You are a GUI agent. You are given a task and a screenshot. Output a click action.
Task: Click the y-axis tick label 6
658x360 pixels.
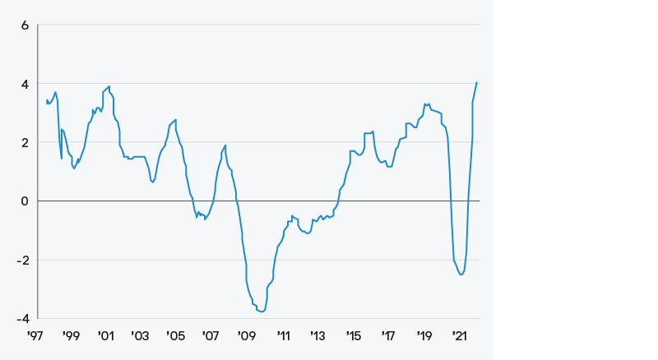(x=25, y=25)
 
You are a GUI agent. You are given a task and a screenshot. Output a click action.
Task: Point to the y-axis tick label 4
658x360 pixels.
(x=25, y=84)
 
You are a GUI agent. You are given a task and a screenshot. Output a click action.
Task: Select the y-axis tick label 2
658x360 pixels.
(x=25, y=142)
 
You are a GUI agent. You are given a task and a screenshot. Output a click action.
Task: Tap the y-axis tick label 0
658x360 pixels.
(x=25, y=201)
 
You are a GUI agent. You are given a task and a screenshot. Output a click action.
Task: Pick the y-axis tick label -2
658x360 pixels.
(x=23, y=260)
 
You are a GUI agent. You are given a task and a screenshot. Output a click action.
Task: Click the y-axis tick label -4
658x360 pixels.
(x=23, y=318)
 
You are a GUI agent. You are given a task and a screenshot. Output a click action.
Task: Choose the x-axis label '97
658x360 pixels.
(x=35, y=336)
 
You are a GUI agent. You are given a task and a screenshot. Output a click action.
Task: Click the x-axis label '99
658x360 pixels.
(x=71, y=336)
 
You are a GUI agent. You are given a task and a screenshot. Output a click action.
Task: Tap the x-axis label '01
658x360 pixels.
(x=106, y=336)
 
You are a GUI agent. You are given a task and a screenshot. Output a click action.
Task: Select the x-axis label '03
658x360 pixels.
(x=141, y=336)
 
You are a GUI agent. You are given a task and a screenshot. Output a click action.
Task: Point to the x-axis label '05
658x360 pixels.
(x=176, y=336)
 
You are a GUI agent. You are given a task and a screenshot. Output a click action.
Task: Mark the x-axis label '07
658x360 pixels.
(x=211, y=336)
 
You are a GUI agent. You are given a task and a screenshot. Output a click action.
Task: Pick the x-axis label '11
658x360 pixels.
(x=283, y=336)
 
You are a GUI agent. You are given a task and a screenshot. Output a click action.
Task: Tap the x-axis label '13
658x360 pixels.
(x=318, y=336)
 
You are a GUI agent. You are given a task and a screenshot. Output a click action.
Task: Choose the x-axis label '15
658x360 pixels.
(x=354, y=336)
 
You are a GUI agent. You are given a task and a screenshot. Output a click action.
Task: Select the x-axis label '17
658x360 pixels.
(x=389, y=336)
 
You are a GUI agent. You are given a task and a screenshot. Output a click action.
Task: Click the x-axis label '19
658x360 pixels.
(x=424, y=336)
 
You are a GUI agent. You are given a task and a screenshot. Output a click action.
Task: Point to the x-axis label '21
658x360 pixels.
(x=460, y=336)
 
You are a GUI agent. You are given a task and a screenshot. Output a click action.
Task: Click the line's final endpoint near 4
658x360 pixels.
(x=477, y=82)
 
